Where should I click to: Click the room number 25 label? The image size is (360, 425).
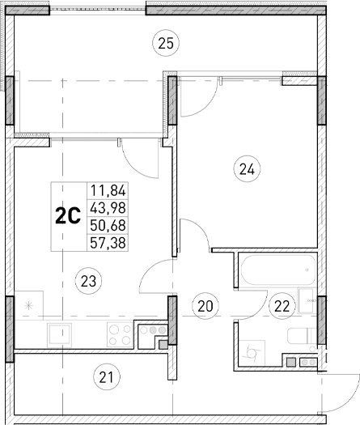(165, 43)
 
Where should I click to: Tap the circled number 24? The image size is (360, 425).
(246, 169)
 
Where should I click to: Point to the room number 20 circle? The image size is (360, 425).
(205, 305)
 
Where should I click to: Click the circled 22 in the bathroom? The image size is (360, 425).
(282, 305)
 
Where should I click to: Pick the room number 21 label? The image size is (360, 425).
(105, 376)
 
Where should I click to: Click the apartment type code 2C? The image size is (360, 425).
(67, 215)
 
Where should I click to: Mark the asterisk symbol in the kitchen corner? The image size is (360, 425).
(29, 305)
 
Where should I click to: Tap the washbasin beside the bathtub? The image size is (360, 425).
(307, 299)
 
